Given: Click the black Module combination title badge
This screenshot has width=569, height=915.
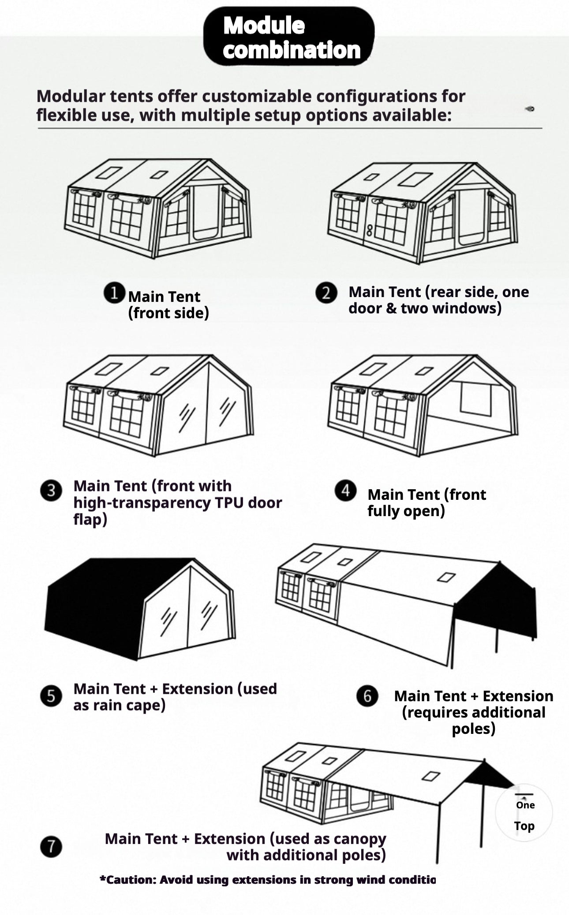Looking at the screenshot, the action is (289, 37).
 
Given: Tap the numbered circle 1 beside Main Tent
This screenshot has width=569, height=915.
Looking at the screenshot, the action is (114, 293).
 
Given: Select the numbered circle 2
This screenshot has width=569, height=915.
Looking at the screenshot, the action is (326, 293).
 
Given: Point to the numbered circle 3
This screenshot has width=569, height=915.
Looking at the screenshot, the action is (51, 491).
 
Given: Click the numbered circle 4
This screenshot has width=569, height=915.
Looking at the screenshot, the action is (345, 491).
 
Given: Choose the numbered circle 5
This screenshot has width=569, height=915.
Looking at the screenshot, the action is (51, 696).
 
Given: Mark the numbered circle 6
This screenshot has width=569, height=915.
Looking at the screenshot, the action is (367, 696).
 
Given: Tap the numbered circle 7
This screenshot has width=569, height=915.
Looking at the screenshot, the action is (51, 847).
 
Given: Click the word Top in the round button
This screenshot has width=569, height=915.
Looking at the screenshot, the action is (524, 826).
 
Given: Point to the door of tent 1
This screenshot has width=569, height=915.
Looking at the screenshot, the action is (206, 212).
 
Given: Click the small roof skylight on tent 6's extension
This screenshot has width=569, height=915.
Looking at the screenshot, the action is (446, 577).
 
